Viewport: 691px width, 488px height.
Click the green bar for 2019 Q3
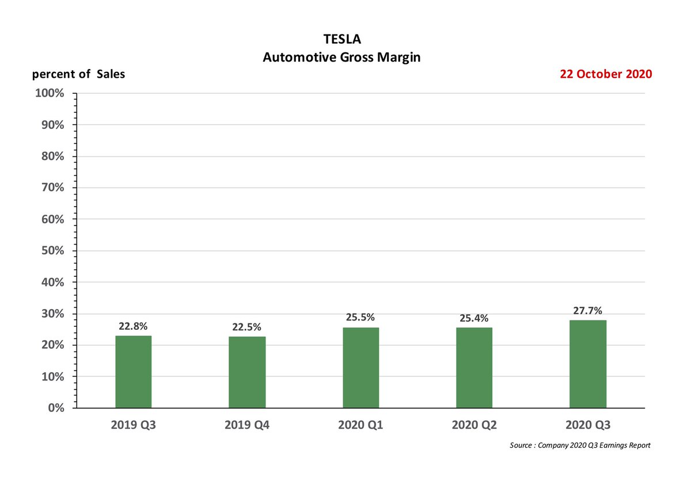[x=133, y=372]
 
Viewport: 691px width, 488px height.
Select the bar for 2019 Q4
[x=247, y=372]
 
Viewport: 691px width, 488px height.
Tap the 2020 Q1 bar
[x=360, y=368]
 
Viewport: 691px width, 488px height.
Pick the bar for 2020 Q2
[x=474, y=368]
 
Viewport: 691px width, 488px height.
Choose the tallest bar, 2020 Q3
[x=587, y=364]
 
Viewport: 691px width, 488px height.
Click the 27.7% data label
[x=587, y=311]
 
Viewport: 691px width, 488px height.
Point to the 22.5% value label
[x=247, y=327]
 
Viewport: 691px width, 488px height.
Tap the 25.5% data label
[x=360, y=317]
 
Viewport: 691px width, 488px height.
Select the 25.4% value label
[x=474, y=318]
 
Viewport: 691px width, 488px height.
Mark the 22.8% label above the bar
[x=133, y=326]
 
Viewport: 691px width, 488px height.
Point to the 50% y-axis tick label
[x=53, y=251]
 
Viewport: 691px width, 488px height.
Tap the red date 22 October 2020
[x=606, y=74]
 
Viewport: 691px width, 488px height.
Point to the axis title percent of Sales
[x=78, y=74]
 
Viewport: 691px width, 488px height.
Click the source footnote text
[x=580, y=446]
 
